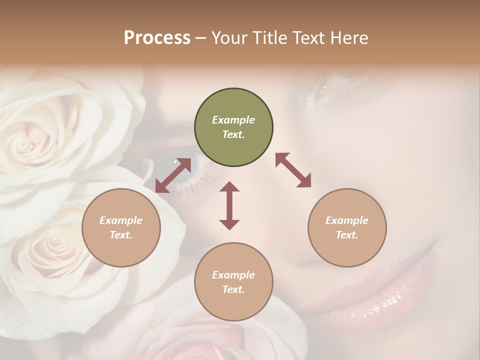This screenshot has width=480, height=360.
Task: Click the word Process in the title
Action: click(x=157, y=38)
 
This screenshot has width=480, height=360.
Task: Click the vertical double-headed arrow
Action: click(x=229, y=205)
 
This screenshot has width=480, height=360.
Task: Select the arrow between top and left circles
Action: click(x=173, y=175)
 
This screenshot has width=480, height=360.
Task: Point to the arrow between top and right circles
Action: click(x=293, y=170)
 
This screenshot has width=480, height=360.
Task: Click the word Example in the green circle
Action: click(x=233, y=120)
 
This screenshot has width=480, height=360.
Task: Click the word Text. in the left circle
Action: click(x=121, y=235)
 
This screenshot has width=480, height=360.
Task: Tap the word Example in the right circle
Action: click(x=346, y=220)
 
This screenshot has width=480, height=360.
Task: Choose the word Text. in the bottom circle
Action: click(x=233, y=289)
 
